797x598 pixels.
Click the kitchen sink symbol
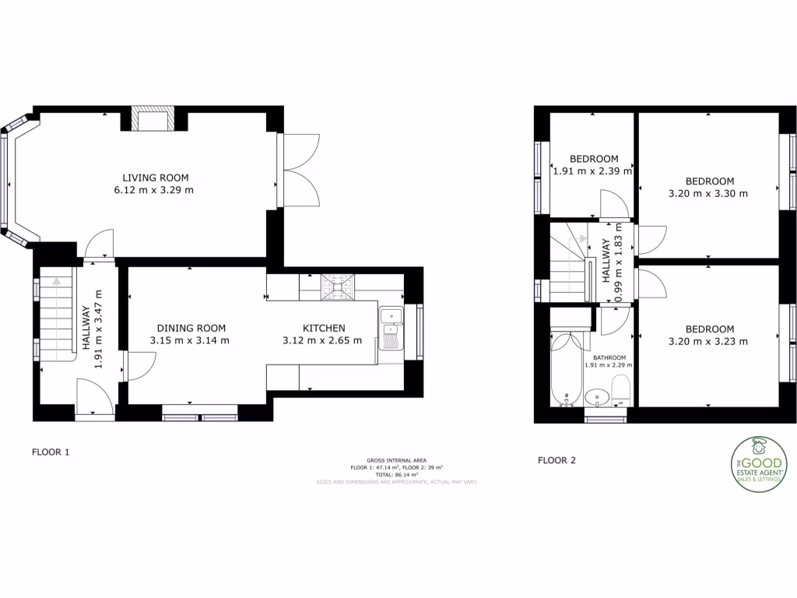click(390, 327)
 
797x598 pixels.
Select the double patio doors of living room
click(300, 171)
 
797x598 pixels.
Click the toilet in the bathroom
click(620, 390)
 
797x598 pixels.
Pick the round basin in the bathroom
click(597, 396)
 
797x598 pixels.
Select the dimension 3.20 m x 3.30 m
click(707, 193)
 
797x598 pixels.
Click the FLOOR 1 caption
click(51, 452)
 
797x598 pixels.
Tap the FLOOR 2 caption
click(556, 460)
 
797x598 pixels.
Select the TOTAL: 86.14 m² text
click(396, 474)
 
